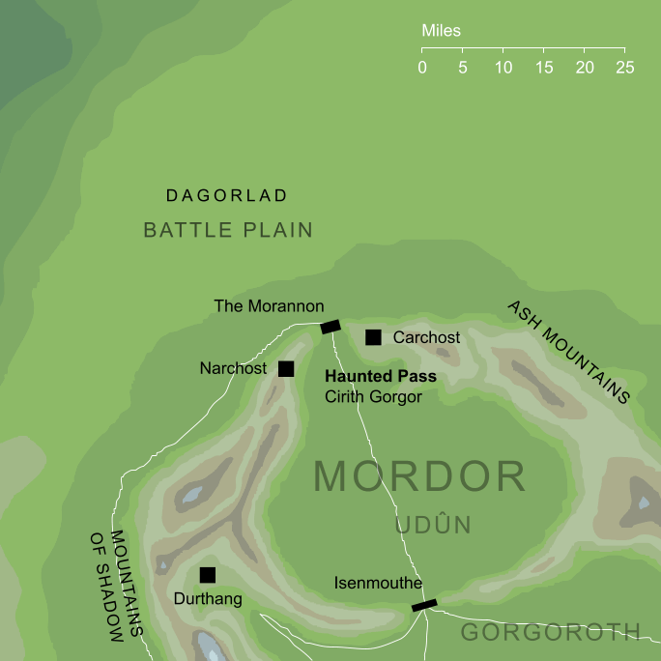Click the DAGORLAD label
(227, 196)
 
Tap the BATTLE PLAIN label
(228, 230)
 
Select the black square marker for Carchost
(373, 337)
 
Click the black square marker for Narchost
(286, 368)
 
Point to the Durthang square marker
(207, 575)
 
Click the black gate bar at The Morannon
(330, 327)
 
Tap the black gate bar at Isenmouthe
(424, 605)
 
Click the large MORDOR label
(419, 477)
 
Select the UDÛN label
(432, 526)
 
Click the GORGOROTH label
(550, 632)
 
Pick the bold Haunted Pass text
(381, 377)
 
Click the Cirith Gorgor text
(374, 396)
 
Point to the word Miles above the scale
(441, 31)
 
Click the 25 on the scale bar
(624, 68)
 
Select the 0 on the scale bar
(422, 68)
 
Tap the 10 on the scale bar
(503, 68)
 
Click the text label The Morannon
(269, 306)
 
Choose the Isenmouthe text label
(378, 584)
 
